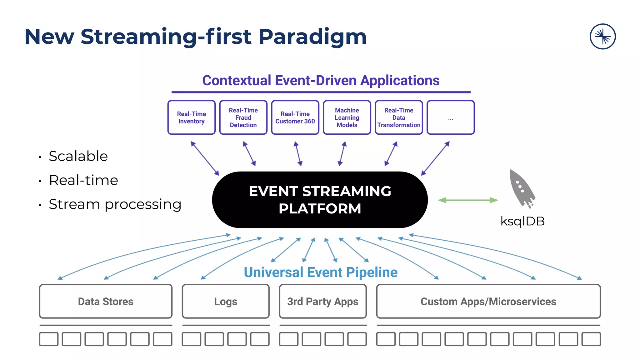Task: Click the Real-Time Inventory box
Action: point(191,117)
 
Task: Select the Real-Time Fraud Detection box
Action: point(243,117)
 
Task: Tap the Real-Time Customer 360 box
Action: point(295,117)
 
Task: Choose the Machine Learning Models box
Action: point(347,117)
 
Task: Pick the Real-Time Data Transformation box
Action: point(399,117)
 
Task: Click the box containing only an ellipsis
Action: point(450,117)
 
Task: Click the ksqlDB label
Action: point(522,221)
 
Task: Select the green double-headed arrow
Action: point(468,200)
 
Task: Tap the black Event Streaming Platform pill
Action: point(320,200)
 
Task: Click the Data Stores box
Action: point(106,301)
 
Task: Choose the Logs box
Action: point(226,301)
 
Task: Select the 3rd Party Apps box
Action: point(323,301)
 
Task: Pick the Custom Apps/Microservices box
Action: point(488,301)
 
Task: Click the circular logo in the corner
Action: point(602,37)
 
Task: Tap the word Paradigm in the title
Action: point(312,37)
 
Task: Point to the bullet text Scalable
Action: point(78,156)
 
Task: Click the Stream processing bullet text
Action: point(115,204)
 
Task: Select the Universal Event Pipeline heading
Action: point(321,272)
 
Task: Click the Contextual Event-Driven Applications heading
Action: point(321,81)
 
